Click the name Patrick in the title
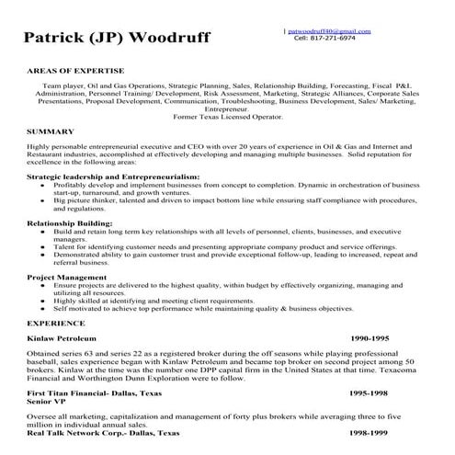pyautogui.click(x=62, y=40)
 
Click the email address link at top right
pyautogui.click(x=329, y=30)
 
